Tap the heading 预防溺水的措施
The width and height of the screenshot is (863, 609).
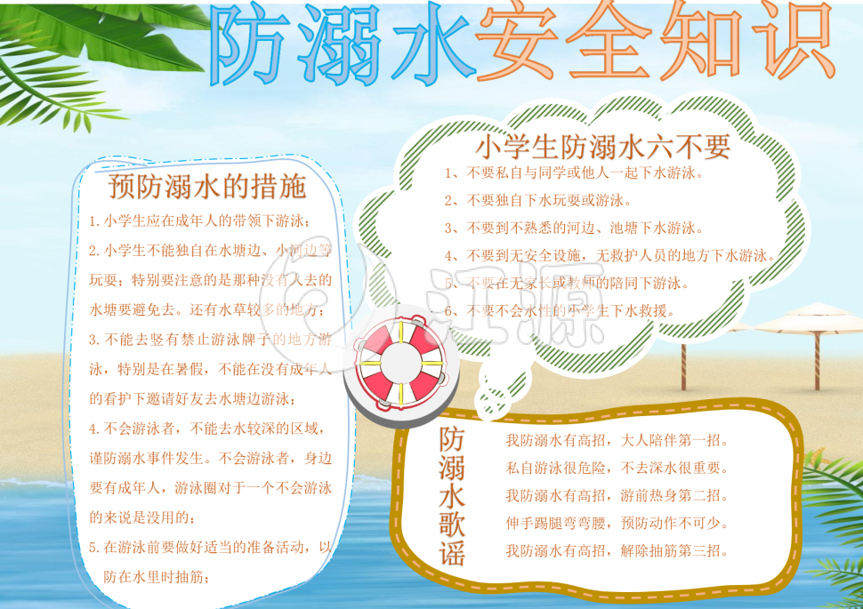pyautogui.click(x=206, y=187)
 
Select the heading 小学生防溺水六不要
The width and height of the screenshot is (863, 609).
pyautogui.click(x=603, y=145)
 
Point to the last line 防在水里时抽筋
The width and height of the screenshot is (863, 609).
pyautogui.click(x=157, y=577)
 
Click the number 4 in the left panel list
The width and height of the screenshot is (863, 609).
pyautogui.click(x=93, y=429)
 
